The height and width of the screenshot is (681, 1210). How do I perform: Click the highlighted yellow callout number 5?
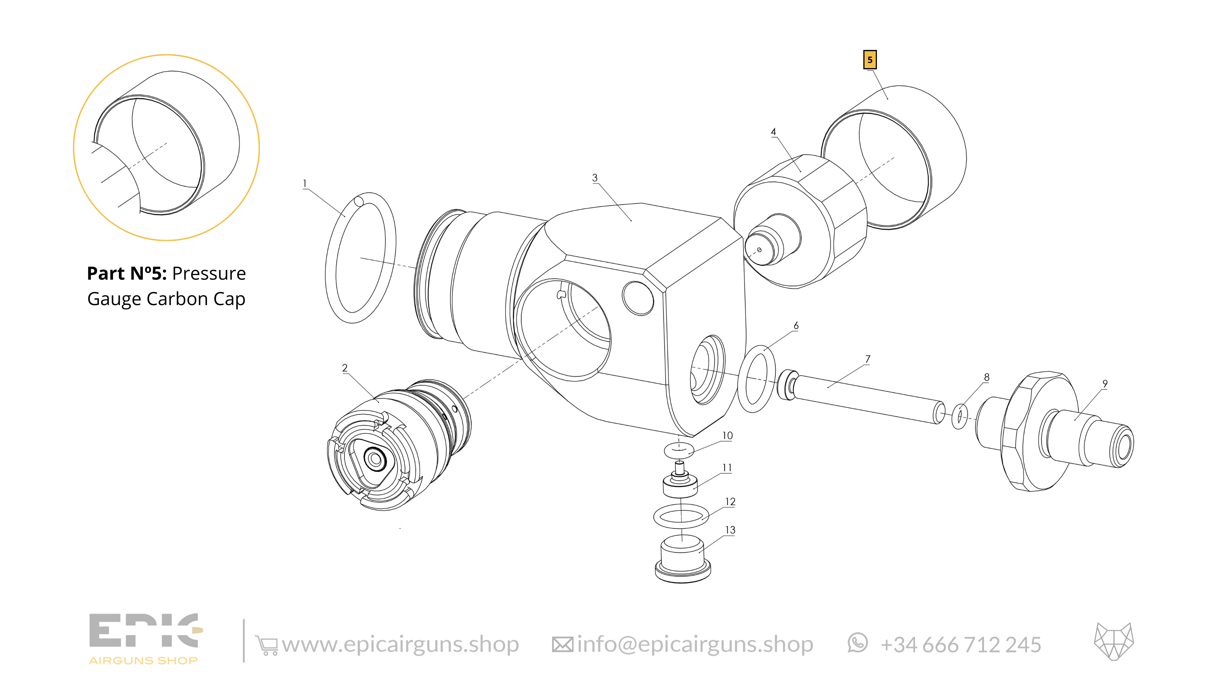(x=869, y=60)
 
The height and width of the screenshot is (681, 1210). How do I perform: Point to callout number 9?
(x=1105, y=384)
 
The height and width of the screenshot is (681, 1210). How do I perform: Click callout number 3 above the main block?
(x=595, y=178)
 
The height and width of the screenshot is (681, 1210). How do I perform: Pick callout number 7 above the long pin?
(x=868, y=359)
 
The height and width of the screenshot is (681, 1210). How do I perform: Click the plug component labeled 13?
(x=682, y=560)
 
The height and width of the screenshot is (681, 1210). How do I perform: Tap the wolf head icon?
(x=1114, y=642)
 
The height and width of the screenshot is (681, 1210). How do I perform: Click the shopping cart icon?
(x=266, y=645)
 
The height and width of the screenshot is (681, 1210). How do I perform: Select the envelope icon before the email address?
(x=562, y=645)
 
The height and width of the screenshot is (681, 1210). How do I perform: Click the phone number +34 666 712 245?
(x=960, y=645)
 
